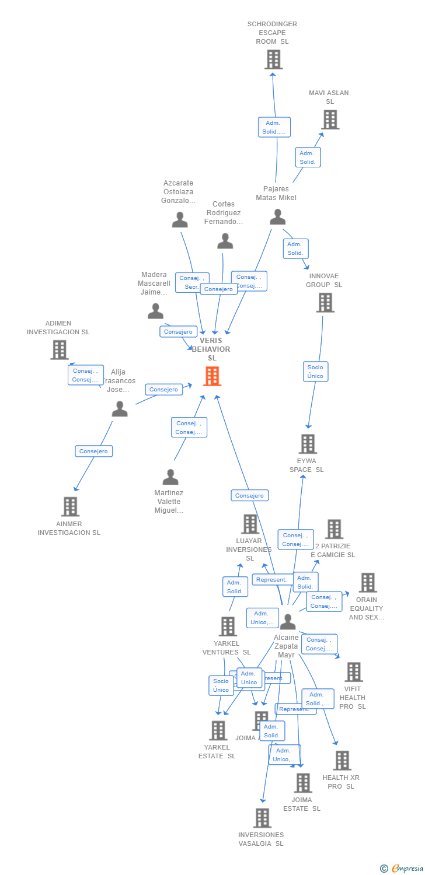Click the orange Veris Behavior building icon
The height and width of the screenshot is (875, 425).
point(212,376)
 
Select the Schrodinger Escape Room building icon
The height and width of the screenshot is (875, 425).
point(273,60)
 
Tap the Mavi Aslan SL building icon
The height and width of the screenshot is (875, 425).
point(330,120)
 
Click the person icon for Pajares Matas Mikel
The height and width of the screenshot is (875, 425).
point(277,217)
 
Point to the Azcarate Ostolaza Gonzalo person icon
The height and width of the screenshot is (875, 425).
point(180,220)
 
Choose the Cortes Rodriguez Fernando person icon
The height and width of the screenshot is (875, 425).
point(225,241)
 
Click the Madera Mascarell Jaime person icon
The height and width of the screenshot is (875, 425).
point(155,311)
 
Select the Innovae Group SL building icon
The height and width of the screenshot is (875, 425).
point(325,303)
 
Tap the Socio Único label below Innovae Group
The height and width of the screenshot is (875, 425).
point(315,372)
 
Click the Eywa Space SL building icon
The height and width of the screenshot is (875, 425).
point(308,444)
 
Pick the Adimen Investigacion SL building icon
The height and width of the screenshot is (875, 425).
point(59,350)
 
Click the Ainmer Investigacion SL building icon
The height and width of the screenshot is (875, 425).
point(70,506)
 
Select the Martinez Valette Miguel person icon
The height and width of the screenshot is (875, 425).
point(170,477)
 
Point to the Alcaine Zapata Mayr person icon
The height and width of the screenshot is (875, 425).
point(287,622)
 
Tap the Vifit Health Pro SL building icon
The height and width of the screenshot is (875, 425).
point(353,672)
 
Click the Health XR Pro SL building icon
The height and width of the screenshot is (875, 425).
point(342,761)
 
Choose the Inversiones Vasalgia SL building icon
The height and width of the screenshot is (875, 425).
point(262,818)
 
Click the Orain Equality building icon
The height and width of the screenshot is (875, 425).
point(367,582)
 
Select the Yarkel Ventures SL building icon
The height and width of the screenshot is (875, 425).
point(228,626)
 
